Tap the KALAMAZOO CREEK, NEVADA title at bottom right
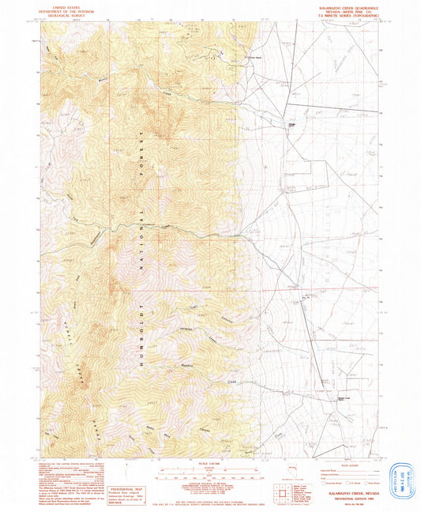[x=344, y=490]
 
